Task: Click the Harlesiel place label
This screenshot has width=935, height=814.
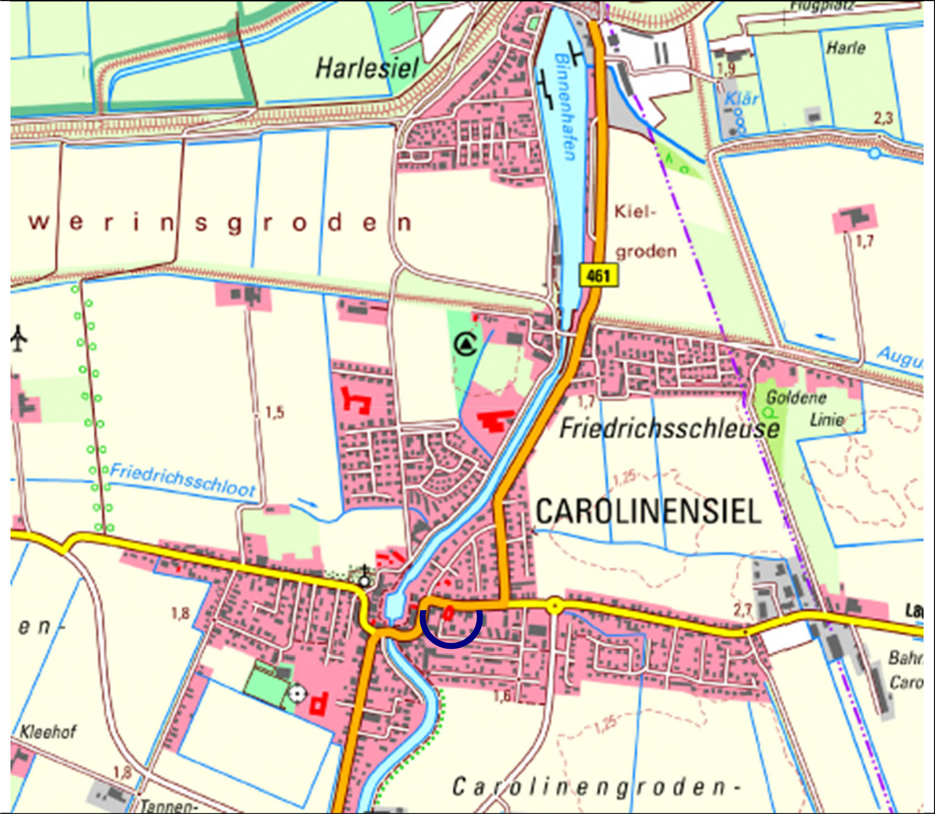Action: (367, 69)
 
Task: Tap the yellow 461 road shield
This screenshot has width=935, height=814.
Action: (598, 276)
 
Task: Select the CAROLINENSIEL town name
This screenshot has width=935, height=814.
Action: (648, 511)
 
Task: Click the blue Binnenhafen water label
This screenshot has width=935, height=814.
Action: (565, 107)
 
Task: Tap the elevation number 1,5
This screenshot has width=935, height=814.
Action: (275, 412)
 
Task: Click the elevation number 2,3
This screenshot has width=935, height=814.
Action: (883, 118)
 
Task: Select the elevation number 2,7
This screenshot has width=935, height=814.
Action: (743, 610)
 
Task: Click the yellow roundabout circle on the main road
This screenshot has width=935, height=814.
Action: (554, 606)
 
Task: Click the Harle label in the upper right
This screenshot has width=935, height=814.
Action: (846, 48)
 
